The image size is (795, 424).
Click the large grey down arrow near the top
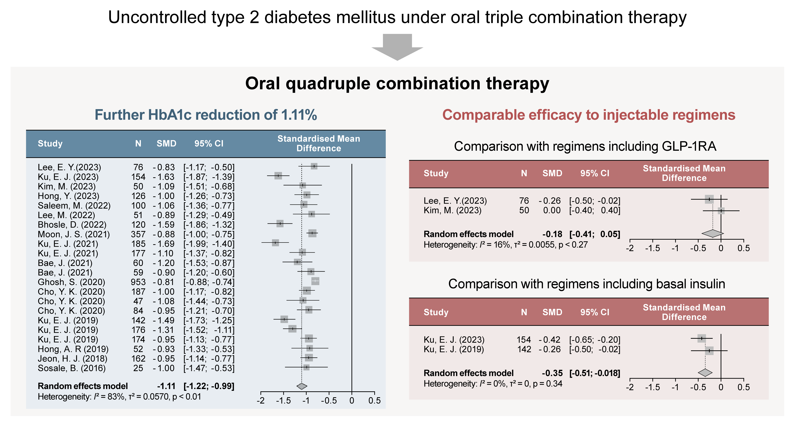click(397, 46)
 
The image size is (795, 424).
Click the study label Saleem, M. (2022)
click(74, 206)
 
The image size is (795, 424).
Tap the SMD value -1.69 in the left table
click(164, 244)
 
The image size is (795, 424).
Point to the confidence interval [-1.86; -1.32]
click(209, 225)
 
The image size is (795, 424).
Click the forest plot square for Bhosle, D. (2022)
click(280, 223)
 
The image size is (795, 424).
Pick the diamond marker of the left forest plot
click(302, 386)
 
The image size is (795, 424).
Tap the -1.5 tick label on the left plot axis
click(283, 401)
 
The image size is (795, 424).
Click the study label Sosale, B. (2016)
click(72, 368)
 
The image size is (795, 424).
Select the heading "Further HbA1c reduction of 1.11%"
click(206, 115)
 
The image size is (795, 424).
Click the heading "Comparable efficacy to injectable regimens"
click(589, 115)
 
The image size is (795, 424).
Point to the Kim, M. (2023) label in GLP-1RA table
click(453, 210)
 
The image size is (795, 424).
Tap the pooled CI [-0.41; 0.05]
click(595, 234)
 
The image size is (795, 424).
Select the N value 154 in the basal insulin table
click(524, 340)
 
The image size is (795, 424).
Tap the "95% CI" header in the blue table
click(209, 144)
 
